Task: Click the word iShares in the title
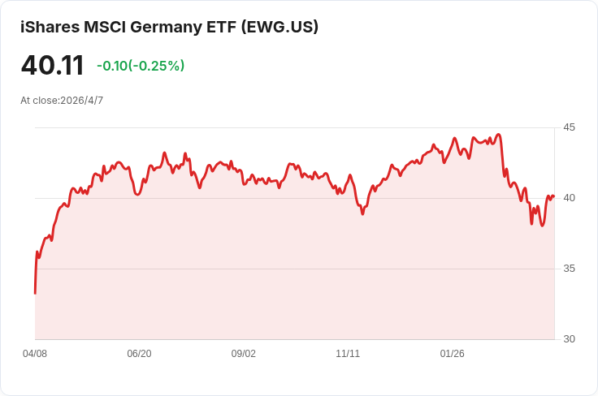(50, 27)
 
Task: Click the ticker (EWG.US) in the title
(279, 27)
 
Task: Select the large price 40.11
(52, 66)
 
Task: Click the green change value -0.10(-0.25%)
(141, 66)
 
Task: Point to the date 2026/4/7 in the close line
(81, 101)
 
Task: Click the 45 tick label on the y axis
(569, 127)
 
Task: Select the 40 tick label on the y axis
(569, 198)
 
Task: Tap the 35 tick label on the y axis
(569, 269)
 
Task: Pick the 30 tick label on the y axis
(569, 339)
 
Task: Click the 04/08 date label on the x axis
(35, 354)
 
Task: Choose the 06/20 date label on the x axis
(139, 354)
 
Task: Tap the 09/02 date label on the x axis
(243, 354)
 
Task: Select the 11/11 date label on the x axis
(348, 354)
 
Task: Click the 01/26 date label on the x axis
(453, 354)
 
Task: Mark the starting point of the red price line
(35, 293)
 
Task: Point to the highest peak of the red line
(498, 134)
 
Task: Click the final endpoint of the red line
(554, 196)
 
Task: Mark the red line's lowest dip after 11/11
(542, 226)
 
